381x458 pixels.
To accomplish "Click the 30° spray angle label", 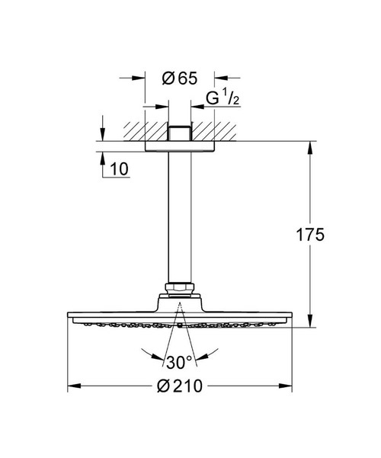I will click(x=177, y=360).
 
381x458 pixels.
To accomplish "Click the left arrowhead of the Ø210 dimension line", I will click(x=73, y=386).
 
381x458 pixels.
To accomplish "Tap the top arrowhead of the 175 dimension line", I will click(x=309, y=146).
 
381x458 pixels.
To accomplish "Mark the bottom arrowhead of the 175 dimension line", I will click(x=309, y=323).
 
